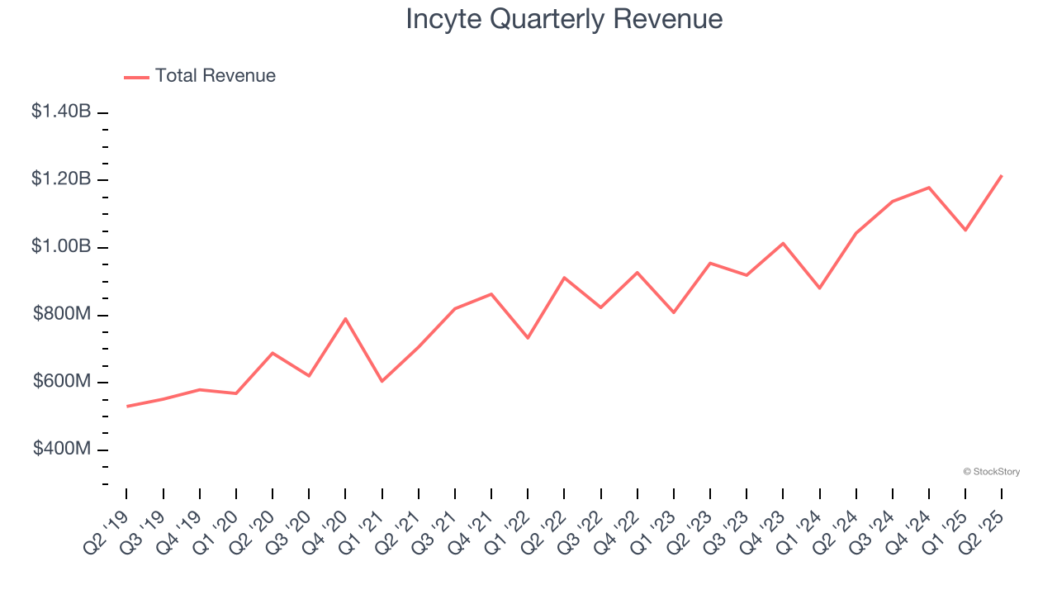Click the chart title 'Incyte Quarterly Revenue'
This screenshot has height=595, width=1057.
point(564,19)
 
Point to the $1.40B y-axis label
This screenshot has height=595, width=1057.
point(61,111)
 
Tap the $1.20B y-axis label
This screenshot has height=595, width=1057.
point(61,178)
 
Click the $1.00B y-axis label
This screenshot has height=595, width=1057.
point(61,246)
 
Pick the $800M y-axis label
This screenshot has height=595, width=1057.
point(62,314)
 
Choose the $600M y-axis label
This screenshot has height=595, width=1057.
point(62,382)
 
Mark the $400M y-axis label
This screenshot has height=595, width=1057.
point(62,449)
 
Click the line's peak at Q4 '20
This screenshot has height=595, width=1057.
point(345,318)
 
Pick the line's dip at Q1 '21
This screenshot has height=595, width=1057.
point(382,381)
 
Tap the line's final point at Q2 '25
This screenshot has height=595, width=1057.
point(1002,175)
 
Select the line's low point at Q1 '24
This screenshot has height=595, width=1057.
point(819,288)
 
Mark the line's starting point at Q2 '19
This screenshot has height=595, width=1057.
point(127,406)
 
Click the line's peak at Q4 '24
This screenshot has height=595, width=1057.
point(929,188)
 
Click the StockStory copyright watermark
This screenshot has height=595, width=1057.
point(991,472)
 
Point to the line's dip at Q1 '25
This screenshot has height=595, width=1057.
point(965,230)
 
